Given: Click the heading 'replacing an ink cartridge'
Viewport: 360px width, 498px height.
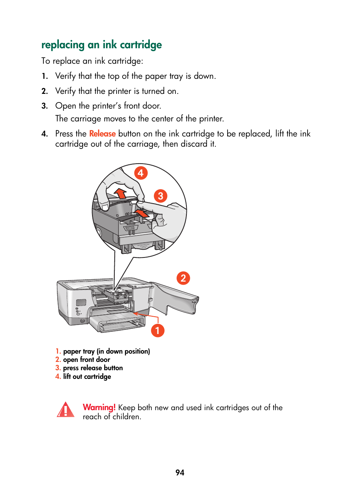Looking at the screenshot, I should [102, 45].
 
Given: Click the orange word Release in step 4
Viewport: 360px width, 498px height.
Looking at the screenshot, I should [102, 134].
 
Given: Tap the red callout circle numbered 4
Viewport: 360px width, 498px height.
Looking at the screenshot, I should [141, 173].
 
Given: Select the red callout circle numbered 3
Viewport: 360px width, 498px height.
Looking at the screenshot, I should [160, 196].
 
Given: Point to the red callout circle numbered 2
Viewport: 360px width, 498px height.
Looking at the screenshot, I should [183, 278].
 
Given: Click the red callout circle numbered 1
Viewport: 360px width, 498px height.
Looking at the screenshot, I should [157, 331].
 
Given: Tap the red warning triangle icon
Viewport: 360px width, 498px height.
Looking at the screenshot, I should [66, 410].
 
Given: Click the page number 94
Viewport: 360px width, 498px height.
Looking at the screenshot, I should [180, 473].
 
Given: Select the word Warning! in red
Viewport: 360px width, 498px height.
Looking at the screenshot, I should [99, 408].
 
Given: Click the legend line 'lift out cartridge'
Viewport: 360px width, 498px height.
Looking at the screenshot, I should [87, 377].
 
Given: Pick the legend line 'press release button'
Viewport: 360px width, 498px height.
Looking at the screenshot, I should [93, 368].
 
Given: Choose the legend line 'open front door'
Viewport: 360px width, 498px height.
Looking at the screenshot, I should [86, 360].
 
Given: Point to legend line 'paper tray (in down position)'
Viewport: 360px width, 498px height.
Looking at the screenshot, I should [106, 351].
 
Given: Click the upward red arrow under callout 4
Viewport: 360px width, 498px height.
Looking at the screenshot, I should [120, 193].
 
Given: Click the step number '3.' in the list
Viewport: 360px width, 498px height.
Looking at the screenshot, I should [45, 106].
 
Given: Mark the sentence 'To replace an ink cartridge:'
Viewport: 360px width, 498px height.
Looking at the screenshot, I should [92, 61].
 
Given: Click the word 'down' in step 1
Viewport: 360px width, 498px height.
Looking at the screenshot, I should [203, 76].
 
